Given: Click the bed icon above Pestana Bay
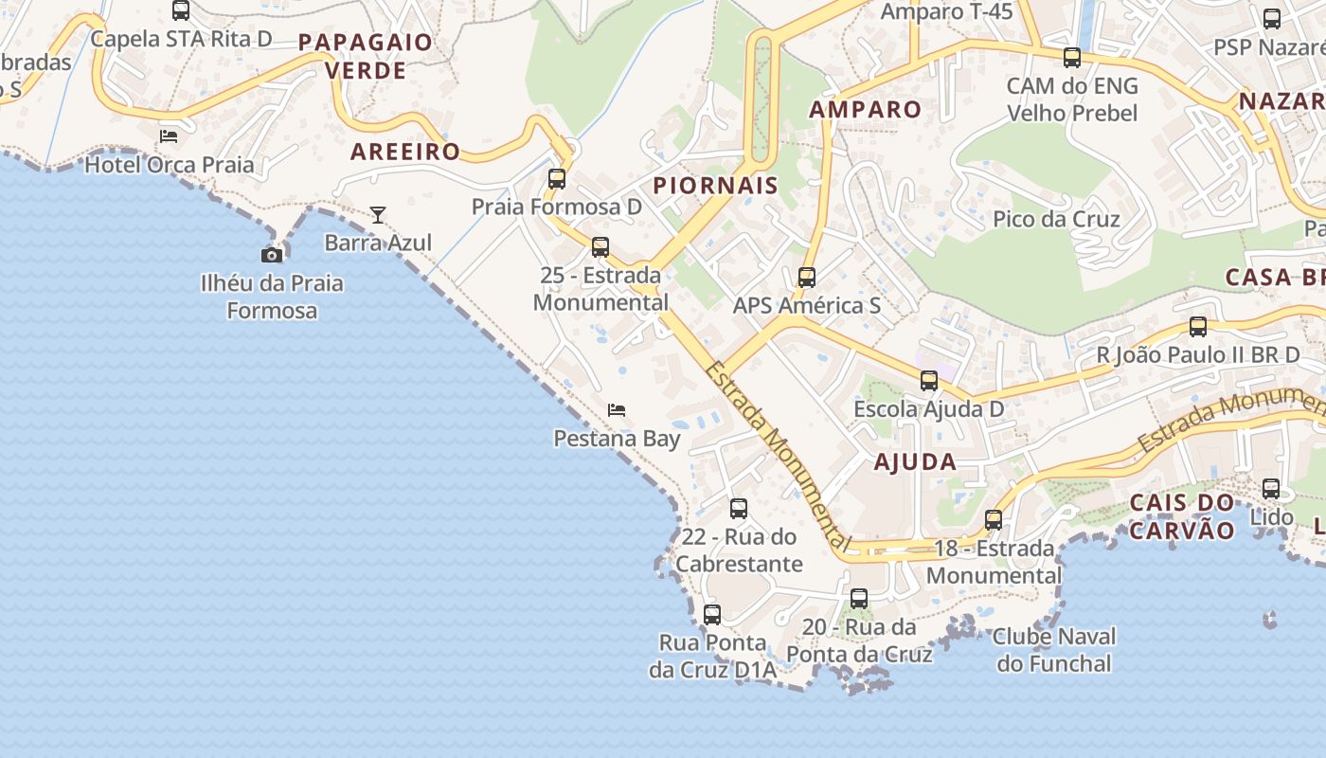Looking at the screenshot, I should point(617,410).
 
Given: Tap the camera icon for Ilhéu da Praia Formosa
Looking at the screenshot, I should point(272,255).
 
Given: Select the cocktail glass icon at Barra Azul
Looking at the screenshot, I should point(378,215).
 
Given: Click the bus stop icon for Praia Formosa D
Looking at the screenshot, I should point(557,178).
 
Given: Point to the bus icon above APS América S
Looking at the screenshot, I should point(807,278).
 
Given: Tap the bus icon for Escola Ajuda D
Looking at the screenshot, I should point(929,381).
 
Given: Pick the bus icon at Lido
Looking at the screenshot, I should point(1271,489).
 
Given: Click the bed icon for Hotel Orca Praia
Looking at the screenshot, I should point(169,136).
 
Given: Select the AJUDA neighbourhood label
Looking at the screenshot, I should point(915,462).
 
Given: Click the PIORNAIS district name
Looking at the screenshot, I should point(716,186).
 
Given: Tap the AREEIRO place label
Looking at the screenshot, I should point(405,152).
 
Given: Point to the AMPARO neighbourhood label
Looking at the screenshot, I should point(865,109).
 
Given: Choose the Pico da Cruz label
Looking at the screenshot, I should point(1056,219).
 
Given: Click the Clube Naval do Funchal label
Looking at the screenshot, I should point(1054,649).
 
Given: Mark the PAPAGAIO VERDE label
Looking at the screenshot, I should point(366,56).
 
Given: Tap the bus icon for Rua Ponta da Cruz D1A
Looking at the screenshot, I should point(712,615).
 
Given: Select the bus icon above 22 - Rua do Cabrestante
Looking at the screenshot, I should point(739,509).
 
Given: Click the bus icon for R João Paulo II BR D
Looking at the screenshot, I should point(1198,327).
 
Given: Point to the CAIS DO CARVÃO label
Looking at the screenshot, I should point(1183,515).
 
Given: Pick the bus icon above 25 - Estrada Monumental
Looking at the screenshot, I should point(600,247).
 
